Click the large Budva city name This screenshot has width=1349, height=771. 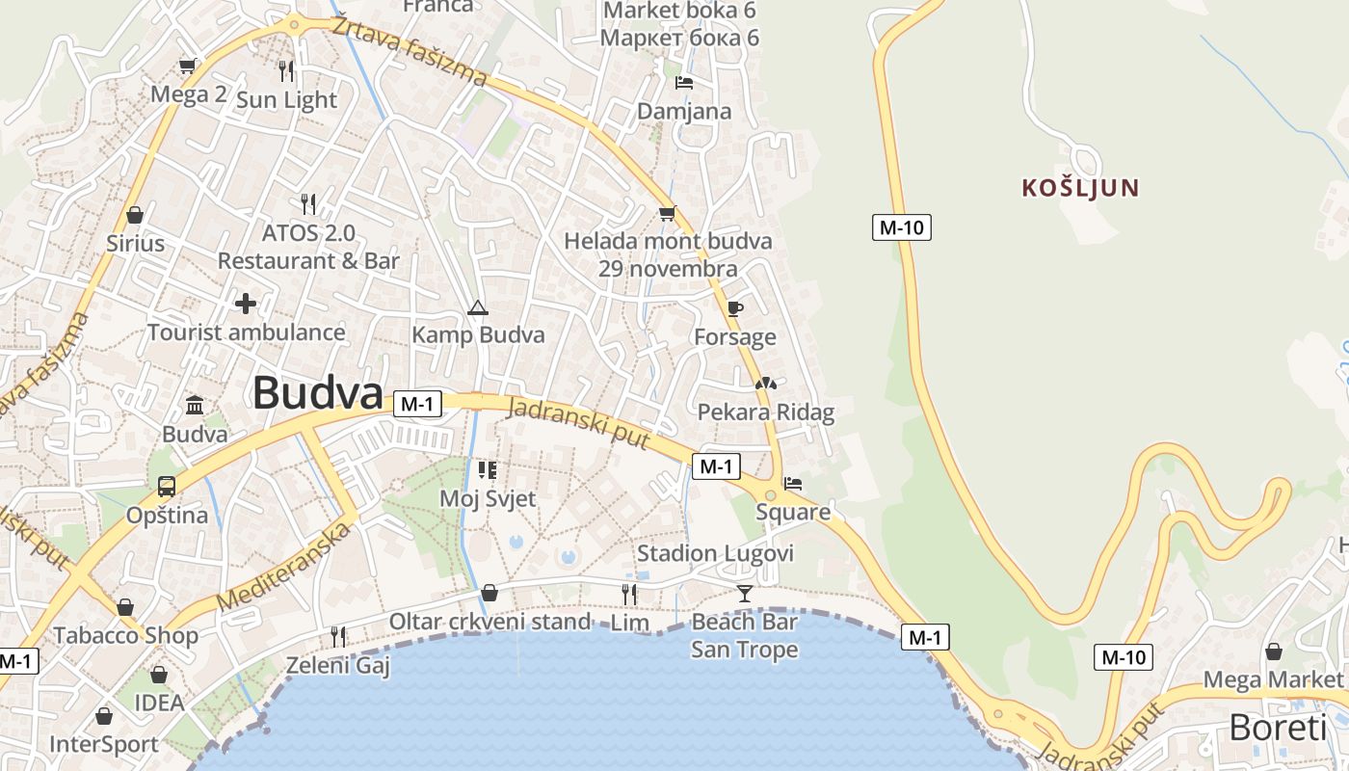[318, 393]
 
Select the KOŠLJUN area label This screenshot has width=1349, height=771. [1080, 188]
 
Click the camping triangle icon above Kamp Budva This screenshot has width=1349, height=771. [477, 308]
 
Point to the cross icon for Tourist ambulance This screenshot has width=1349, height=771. [246, 304]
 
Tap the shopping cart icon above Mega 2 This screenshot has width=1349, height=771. [188, 66]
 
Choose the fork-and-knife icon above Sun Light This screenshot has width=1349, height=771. [285, 70]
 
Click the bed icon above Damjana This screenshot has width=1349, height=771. [684, 83]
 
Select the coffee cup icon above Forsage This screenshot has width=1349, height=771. [735, 308]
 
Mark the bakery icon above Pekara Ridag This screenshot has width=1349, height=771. [765, 384]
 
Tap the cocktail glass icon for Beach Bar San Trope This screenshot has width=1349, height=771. [744, 593]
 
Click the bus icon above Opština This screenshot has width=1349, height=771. [167, 487]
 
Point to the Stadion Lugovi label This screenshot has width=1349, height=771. [715, 553]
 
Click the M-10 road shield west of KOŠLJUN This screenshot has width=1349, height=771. [902, 227]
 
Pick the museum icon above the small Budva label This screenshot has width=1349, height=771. [195, 404]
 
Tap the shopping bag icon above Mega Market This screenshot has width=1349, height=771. [1273, 651]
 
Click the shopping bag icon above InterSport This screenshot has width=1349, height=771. [103, 716]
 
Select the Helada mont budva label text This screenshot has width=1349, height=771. [668, 241]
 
